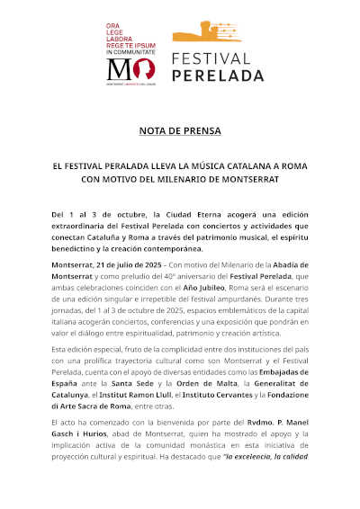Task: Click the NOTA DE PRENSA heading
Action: (179, 130)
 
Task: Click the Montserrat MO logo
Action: (130, 70)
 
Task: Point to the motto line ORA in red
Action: (114, 24)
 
